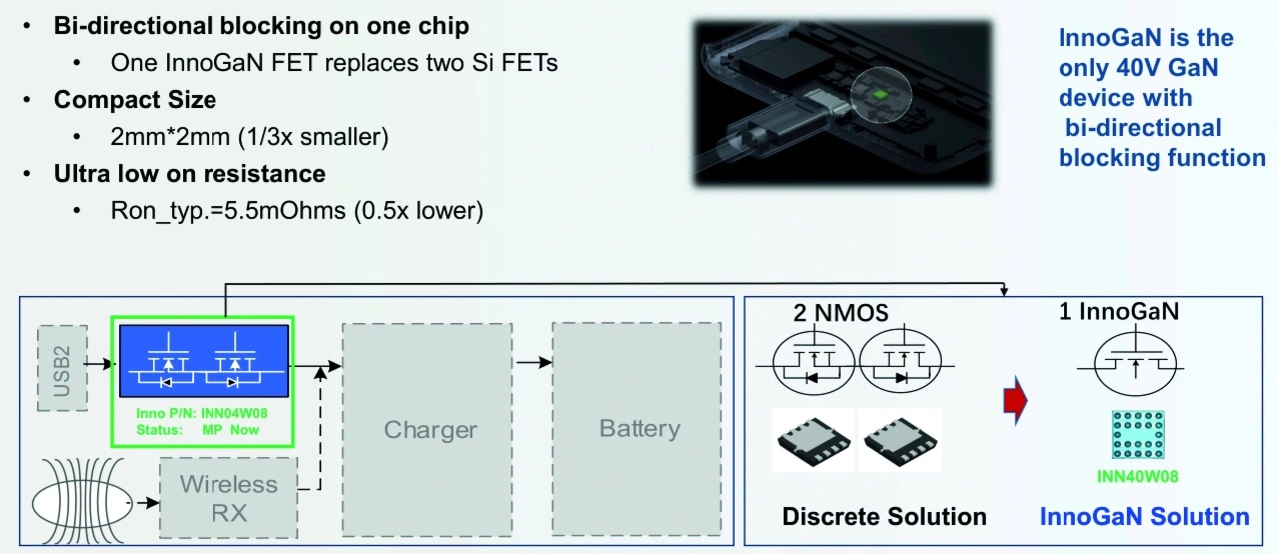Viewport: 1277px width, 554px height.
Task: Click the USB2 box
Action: point(62,366)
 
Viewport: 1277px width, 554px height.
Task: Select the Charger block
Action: point(430,430)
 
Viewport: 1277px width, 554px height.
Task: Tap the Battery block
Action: point(638,428)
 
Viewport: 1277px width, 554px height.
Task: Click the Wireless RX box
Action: point(228,499)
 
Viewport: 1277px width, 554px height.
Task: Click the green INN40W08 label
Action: point(1138,476)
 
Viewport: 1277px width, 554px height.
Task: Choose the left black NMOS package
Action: point(812,442)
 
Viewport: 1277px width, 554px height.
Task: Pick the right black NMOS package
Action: point(899,442)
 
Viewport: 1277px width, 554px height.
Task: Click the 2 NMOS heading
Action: point(840,313)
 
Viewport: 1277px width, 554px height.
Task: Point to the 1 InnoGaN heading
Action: point(1118,311)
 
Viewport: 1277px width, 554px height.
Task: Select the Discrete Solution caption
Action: point(884,516)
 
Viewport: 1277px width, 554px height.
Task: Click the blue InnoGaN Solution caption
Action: point(1144,516)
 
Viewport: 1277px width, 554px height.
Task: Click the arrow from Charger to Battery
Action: point(533,362)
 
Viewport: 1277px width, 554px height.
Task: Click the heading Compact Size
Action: point(135,100)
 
